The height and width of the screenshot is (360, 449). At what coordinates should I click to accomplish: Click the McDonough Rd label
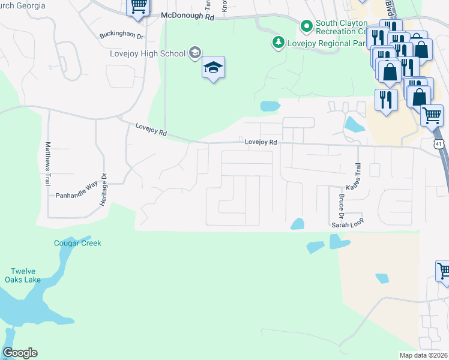[188, 17]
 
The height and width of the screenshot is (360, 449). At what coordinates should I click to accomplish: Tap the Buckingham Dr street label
[122, 36]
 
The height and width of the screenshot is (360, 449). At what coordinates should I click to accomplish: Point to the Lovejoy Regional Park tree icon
[278, 41]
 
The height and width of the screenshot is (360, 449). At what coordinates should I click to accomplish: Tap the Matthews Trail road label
[48, 164]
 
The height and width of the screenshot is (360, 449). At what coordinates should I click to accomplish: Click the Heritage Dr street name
[103, 190]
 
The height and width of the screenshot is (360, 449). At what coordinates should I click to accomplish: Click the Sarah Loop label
[348, 224]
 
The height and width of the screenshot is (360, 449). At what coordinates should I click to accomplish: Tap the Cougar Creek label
[77, 243]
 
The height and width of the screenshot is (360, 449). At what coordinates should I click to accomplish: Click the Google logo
[20, 353]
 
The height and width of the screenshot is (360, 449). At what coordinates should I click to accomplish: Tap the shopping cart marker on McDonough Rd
[138, 8]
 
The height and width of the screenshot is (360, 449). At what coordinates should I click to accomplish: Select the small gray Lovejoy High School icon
[194, 53]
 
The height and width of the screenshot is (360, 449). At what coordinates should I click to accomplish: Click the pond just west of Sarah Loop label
[297, 224]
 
